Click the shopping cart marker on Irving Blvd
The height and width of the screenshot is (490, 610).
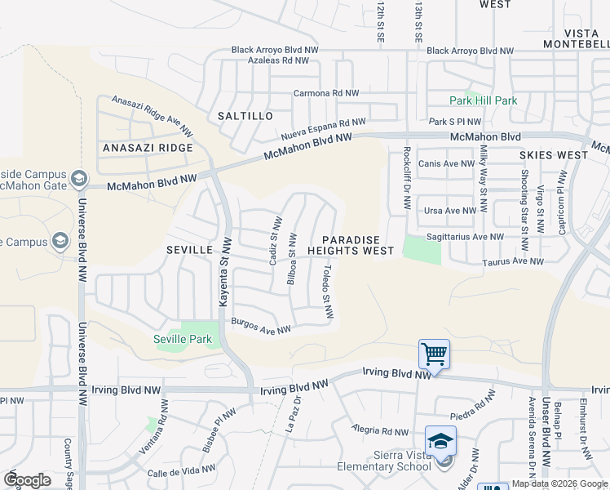434,354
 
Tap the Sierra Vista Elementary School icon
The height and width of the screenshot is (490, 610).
441,442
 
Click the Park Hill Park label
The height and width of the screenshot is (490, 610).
484,100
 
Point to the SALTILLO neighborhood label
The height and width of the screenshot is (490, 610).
245,116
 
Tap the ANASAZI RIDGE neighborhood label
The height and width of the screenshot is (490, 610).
148,148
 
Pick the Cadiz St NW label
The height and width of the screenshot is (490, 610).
276,239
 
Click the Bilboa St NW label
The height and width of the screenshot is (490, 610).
292,261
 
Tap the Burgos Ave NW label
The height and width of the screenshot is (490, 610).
261,326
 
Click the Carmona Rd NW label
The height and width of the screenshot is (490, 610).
326,93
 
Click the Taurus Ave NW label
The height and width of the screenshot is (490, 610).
512,261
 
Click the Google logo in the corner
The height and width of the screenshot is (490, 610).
27,480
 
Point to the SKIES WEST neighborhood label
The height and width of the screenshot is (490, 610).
554,154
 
